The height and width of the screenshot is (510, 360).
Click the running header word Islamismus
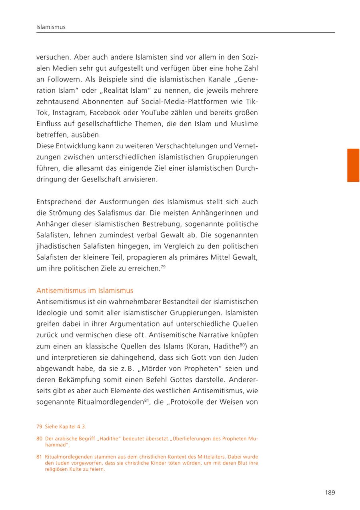(x=51, y=27)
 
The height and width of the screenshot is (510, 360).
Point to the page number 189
(x=330, y=492)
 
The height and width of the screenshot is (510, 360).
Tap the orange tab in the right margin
(x=353, y=165)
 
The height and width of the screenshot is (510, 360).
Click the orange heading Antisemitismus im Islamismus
(x=85, y=290)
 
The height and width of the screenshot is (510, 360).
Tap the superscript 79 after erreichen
(x=163, y=266)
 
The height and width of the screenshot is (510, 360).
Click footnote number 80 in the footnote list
(x=39, y=438)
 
